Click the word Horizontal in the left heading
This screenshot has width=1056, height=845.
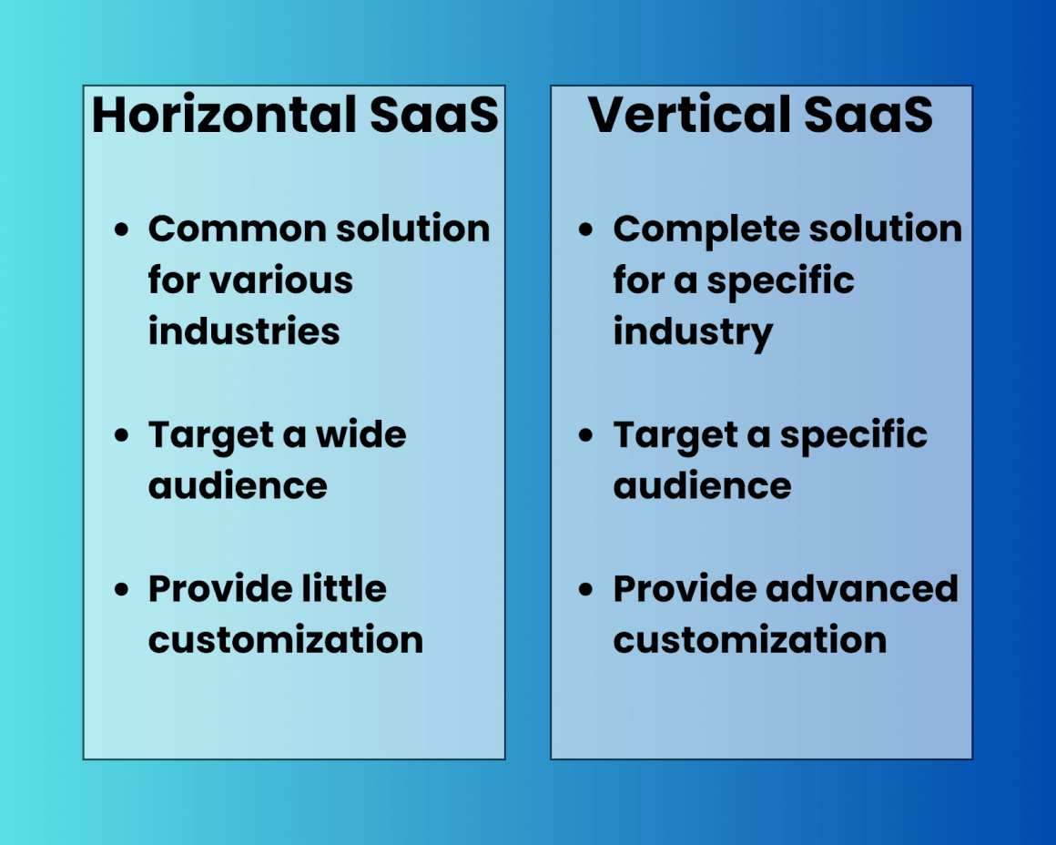(x=223, y=115)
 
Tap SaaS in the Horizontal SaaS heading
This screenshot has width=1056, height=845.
(x=434, y=115)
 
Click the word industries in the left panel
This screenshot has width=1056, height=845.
(x=244, y=331)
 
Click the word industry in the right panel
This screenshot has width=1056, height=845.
(x=693, y=332)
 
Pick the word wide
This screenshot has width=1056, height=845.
(x=360, y=435)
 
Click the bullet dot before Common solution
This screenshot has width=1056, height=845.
(x=122, y=230)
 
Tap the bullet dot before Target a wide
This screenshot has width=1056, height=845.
(x=122, y=436)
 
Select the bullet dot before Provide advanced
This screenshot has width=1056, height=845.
(x=586, y=590)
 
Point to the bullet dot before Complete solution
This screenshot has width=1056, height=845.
(x=586, y=230)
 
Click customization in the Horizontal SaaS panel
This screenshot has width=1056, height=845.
(x=286, y=639)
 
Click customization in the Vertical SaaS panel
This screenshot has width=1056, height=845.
(x=749, y=639)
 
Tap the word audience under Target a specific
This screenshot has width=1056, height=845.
(x=702, y=485)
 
